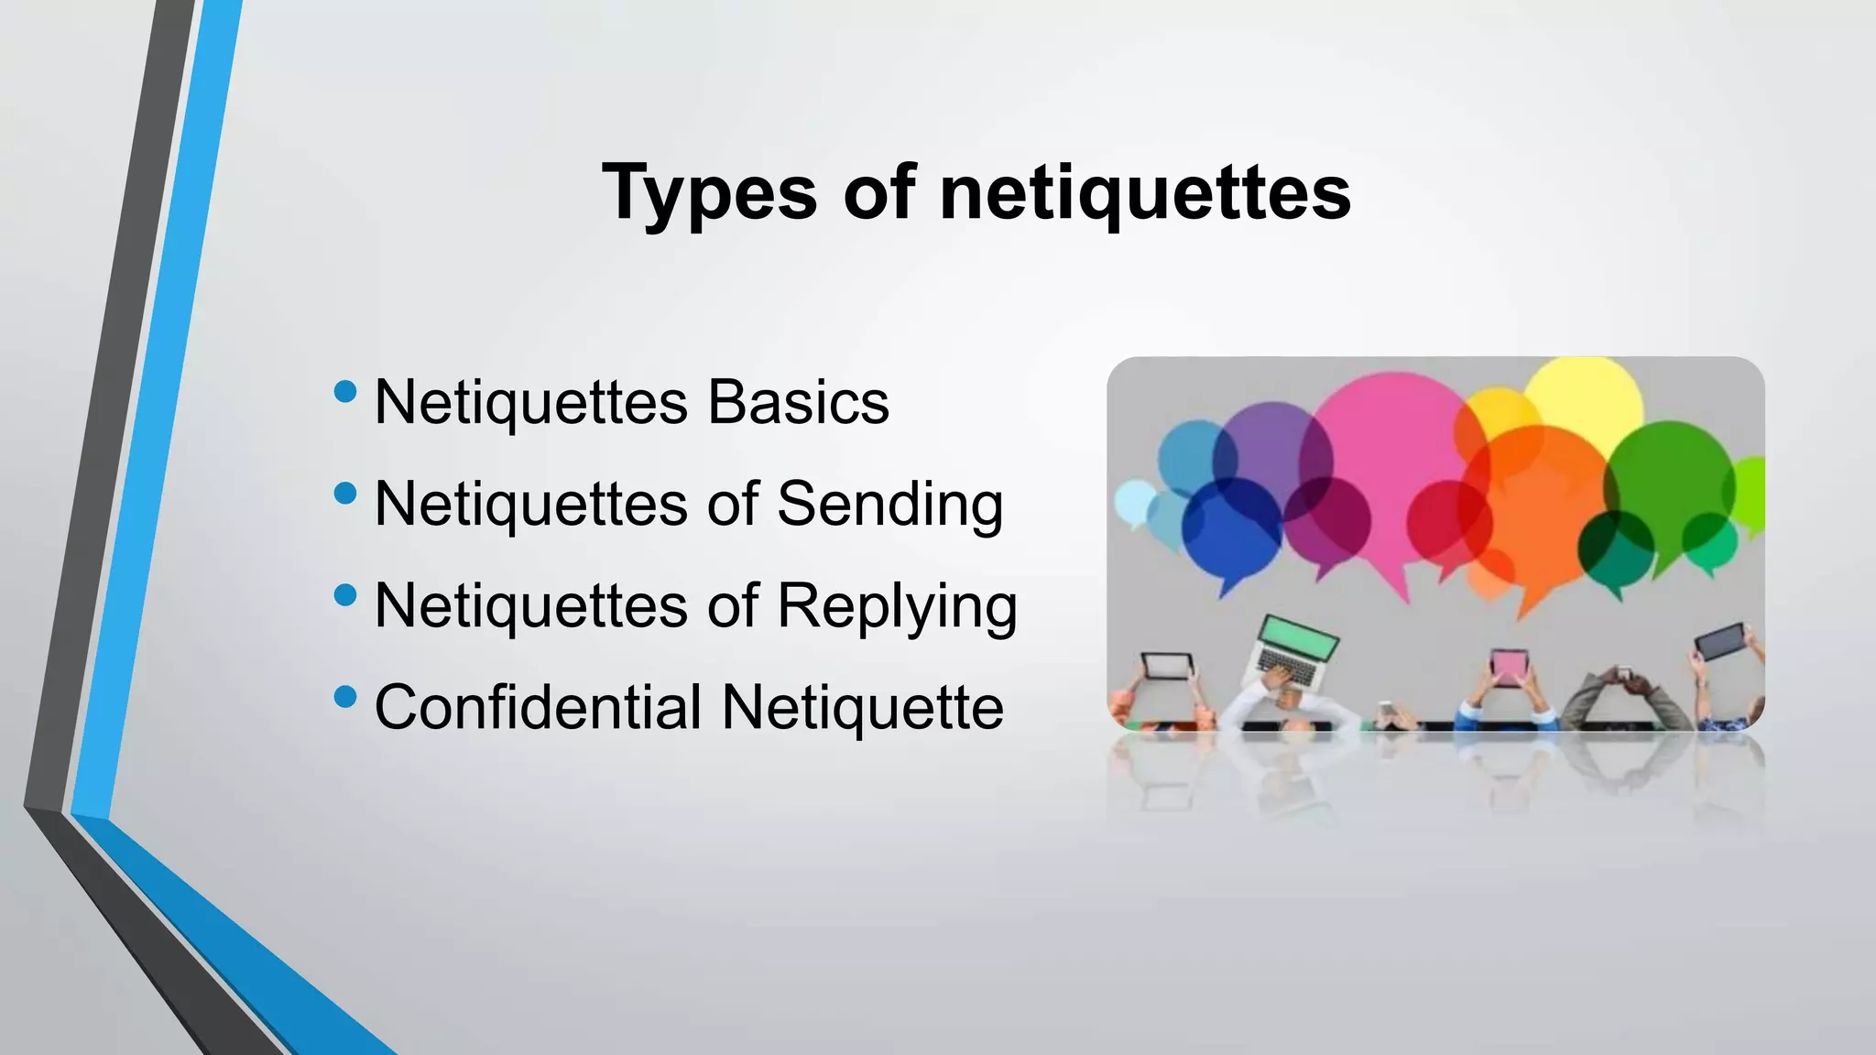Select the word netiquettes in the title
tap(1145, 192)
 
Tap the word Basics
tap(798, 402)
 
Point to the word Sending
tap(889, 505)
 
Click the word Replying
tap(897, 607)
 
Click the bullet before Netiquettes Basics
tap(345, 392)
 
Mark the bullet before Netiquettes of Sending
tap(345, 495)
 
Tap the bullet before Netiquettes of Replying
tap(345, 596)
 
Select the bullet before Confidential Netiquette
tap(345, 698)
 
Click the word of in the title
tap(878, 192)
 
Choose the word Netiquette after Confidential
tap(862, 707)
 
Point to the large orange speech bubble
tap(1539, 513)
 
